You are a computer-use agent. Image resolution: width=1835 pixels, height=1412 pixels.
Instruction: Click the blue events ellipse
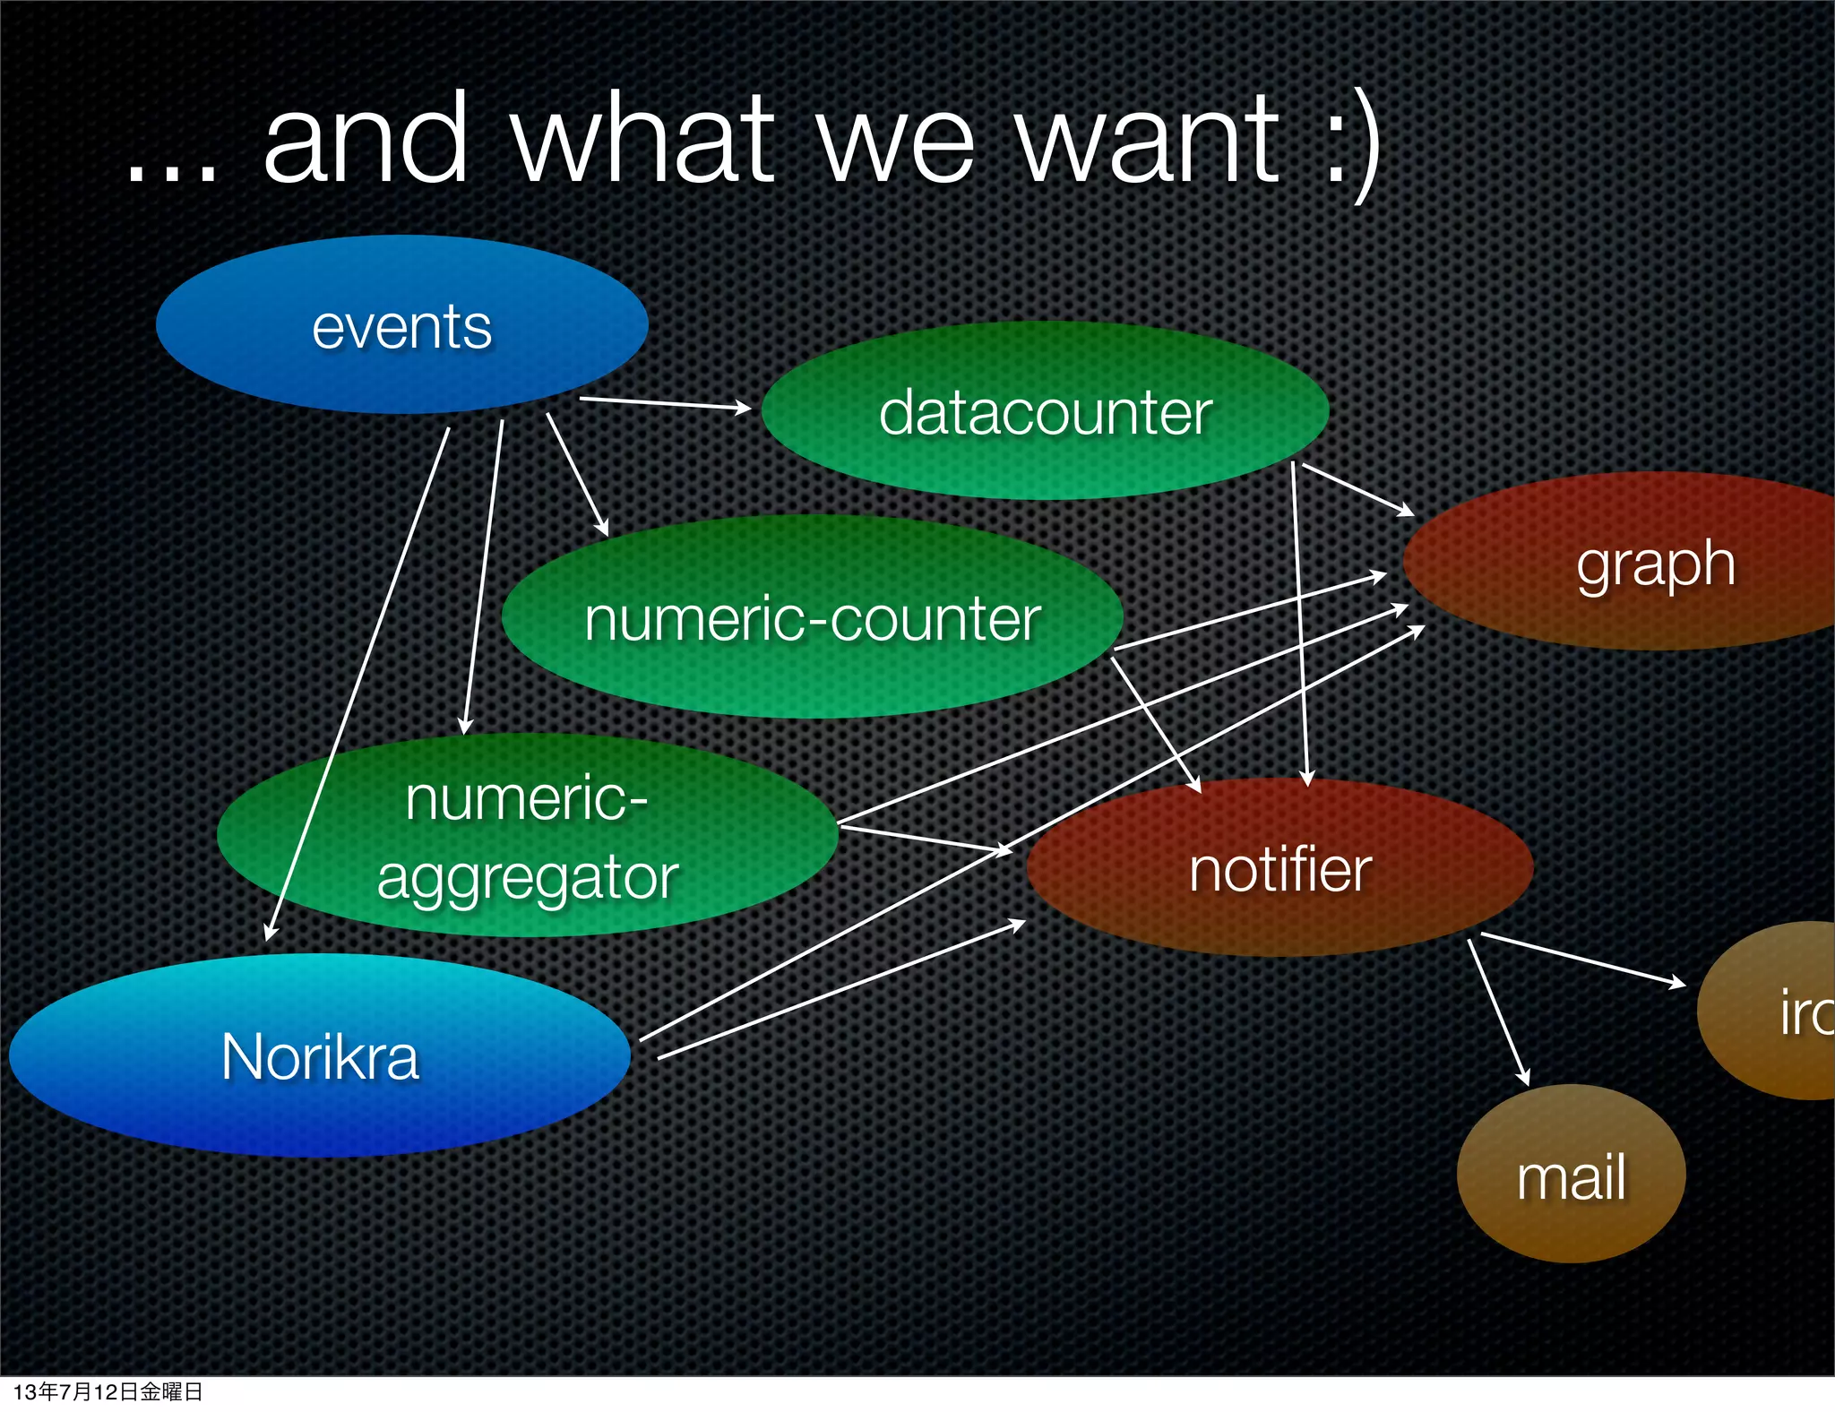click(x=401, y=324)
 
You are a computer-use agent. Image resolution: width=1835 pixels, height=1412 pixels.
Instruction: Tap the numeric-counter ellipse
click(x=812, y=617)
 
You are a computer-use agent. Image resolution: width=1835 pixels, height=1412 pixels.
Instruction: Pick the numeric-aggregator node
click(x=527, y=836)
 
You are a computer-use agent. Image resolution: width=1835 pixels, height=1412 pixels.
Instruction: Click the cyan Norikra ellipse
click(x=320, y=1055)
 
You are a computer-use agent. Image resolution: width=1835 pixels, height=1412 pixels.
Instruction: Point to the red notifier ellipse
click(x=1279, y=867)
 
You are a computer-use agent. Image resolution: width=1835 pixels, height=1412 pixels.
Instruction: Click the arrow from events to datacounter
click(x=665, y=403)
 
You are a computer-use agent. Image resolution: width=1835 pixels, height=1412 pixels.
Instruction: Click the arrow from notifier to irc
click(x=1582, y=960)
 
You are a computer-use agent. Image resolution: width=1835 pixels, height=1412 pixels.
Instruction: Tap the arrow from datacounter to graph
click(x=1357, y=489)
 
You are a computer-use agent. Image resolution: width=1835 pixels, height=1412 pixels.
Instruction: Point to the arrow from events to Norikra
click(x=358, y=681)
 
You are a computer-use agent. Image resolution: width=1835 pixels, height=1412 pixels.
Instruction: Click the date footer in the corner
click(x=108, y=1391)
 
